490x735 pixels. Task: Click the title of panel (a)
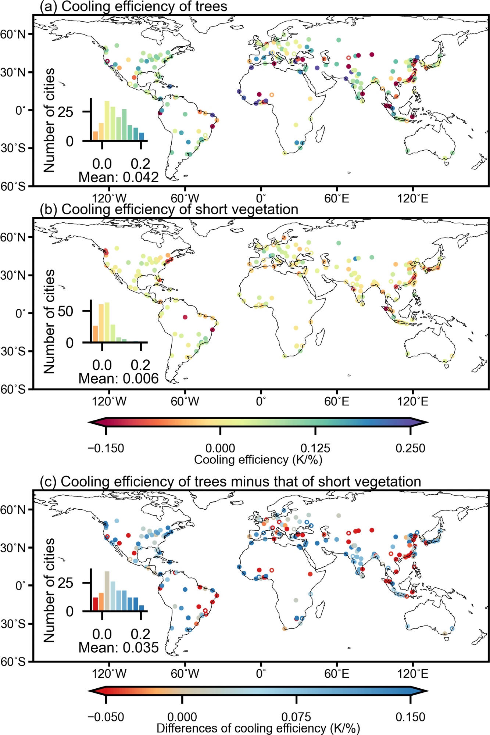point(133,7)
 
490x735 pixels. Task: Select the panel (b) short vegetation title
point(169,209)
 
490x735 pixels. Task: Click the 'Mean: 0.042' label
point(118,178)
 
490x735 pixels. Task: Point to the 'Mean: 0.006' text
point(118,379)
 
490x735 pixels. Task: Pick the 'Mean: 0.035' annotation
point(118,648)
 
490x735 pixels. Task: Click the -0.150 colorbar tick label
point(106,448)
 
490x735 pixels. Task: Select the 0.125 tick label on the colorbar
point(315,448)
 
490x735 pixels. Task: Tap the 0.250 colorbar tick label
point(410,448)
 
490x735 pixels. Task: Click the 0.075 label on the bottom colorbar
point(296,717)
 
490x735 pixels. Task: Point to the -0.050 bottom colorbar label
point(106,717)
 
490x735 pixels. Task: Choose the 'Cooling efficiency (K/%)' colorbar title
point(258,460)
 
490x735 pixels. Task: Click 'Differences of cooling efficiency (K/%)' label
point(258,728)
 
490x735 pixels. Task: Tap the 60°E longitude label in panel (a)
point(336,199)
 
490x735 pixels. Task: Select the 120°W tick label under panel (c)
point(109,674)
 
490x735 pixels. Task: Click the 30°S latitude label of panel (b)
point(13,351)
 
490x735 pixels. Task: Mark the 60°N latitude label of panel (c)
point(13,510)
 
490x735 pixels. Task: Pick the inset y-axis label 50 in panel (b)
point(65,311)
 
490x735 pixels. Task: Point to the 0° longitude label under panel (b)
point(261,401)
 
